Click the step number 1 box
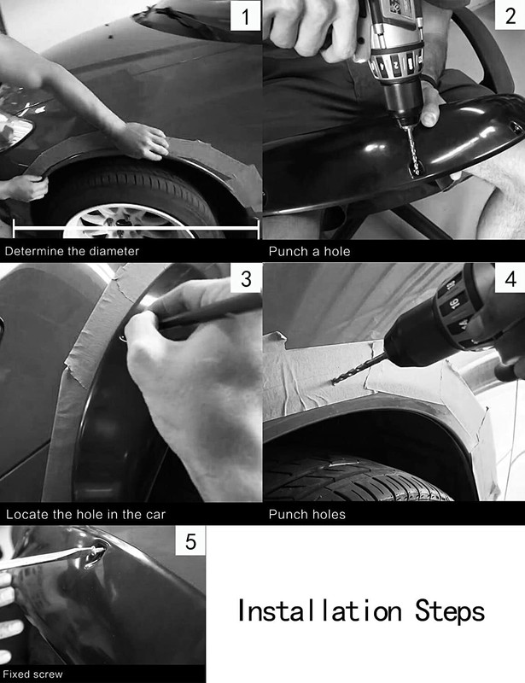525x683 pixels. coord(245,15)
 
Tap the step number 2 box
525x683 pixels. coord(510,15)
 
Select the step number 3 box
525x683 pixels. coord(246,278)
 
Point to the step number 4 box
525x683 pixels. coord(510,278)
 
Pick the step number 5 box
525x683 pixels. coord(190,541)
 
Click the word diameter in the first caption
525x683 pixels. coord(114,251)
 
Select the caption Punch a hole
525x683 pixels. coord(309,251)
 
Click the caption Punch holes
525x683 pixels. coord(307,515)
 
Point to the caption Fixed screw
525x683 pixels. coord(33,674)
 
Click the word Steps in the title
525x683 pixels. coord(449,610)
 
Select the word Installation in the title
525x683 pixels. coord(319,610)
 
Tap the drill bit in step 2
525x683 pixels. coord(412,150)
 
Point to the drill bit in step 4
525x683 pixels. coord(359,369)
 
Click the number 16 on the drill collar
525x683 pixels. coord(455,304)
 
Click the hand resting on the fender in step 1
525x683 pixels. coord(146,140)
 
